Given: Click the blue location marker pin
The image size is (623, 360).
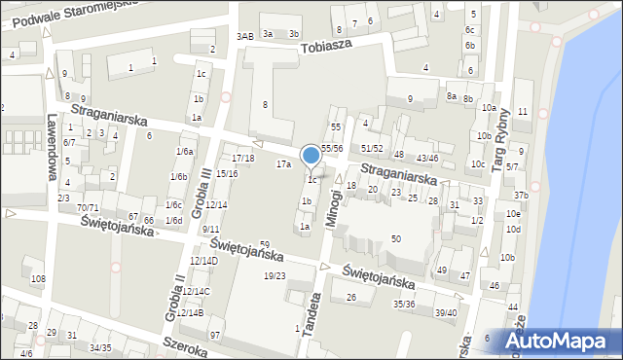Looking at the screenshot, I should (311, 156).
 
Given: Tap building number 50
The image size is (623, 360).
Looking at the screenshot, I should (395, 239).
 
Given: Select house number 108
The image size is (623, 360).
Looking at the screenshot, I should (38, 280).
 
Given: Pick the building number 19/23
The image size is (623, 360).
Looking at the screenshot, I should (275, 276).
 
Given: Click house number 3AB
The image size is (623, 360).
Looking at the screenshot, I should (245, 36).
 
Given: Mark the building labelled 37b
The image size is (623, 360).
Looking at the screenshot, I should (521, 196).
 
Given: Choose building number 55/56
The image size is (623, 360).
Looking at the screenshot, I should (332, 148).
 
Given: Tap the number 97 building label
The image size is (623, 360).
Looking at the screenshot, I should (215, 336).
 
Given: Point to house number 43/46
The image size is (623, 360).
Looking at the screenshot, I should (427, 158).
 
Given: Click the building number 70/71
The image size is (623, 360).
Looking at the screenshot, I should (88, 208).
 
